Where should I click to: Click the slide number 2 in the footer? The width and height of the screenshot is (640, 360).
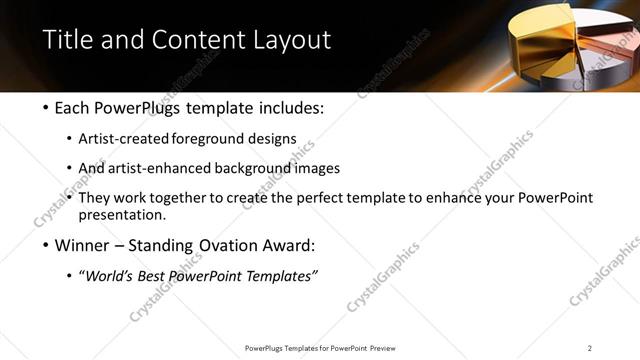589,348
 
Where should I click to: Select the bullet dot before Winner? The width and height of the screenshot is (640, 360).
49,246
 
